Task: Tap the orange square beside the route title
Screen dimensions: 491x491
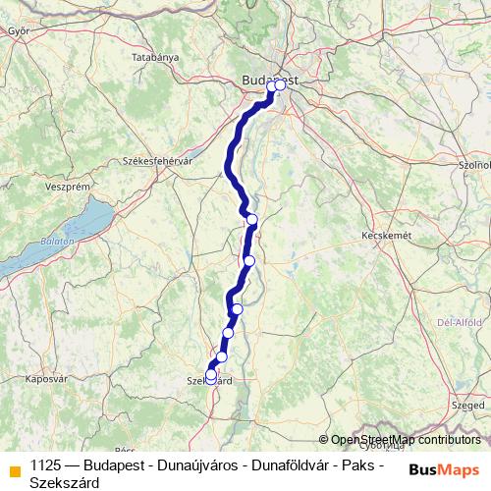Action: pos(14,469)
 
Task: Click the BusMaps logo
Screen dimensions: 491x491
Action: pos(444,469)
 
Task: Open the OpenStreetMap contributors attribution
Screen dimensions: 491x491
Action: pos(406,440)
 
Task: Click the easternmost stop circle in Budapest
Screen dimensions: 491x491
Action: pos(280,85)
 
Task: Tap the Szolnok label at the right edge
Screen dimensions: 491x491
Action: pos(475,165)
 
